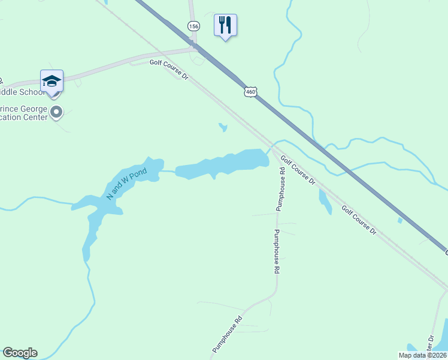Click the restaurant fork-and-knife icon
[x=225, y=25]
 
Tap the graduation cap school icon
[x=52, y=80]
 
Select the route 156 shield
[x=193, y=26]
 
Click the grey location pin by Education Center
[x=57, y=112]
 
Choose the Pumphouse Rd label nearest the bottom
[x=227, y=334]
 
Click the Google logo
[x=20, y=353]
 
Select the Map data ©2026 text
[x=422, y=355]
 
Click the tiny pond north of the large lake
[x=223, y=127]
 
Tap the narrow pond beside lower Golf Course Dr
[x=325, y=202]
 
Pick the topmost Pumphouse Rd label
[x=280, y=188]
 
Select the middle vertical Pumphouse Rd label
[x=277, y=252]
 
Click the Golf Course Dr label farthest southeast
[x=359, y=220]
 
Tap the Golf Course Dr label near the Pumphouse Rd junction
[x=298, y=171]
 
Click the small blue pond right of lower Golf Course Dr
[x=400, y=220]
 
